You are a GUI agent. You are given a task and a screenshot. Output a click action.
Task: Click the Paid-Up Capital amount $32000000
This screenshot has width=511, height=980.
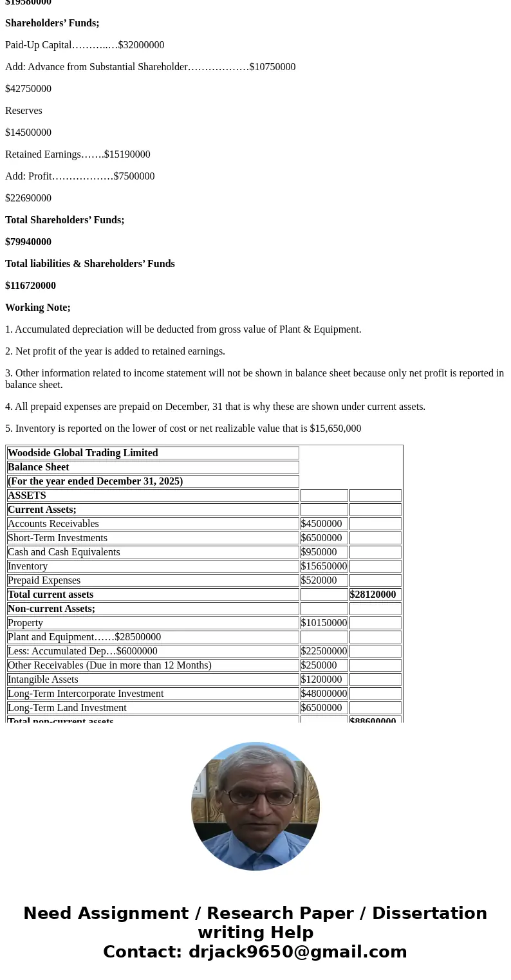[x=141, y=45]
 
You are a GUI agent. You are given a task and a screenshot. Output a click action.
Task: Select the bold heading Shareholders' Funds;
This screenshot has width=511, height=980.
[x=52, y=23]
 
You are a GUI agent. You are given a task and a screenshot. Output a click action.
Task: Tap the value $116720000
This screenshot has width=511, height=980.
[x=30, y=286]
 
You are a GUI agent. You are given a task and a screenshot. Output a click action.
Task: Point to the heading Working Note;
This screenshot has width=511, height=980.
[x=38, y=308]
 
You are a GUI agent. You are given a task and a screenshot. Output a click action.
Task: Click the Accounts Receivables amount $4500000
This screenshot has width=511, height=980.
[x=321, y=524]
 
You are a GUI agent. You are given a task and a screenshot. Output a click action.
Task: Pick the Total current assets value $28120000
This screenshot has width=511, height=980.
[x=373, y=595]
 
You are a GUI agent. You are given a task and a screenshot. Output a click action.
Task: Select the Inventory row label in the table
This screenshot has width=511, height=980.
[x=28, y=566]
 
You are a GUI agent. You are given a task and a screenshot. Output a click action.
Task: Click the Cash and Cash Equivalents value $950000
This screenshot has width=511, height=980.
[x=319, y=552]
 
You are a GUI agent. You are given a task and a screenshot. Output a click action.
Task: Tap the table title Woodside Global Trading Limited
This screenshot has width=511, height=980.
[x=83, y=453]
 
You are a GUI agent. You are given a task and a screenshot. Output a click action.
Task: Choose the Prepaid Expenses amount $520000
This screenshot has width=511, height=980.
[x=319, y=580]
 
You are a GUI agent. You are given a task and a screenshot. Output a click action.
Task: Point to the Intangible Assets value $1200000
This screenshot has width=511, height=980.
[x=321, y=680]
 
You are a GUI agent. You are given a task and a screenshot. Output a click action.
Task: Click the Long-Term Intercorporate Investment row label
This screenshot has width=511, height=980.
[x=86, y=694]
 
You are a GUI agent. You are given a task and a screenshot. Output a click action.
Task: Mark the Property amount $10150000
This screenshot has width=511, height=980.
[x=324, y=623]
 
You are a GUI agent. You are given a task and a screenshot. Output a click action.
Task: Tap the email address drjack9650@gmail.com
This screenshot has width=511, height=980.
[x=297, y=952]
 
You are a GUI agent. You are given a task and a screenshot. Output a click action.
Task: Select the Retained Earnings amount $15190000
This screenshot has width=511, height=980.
[x=127, y=154]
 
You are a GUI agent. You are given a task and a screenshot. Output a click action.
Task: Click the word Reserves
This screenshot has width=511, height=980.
[x=24, y=111]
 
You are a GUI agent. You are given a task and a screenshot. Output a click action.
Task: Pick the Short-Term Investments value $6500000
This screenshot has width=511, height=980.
[x=321, y=538]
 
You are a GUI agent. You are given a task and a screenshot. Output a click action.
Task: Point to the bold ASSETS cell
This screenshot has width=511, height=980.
[x=27, y=495]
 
